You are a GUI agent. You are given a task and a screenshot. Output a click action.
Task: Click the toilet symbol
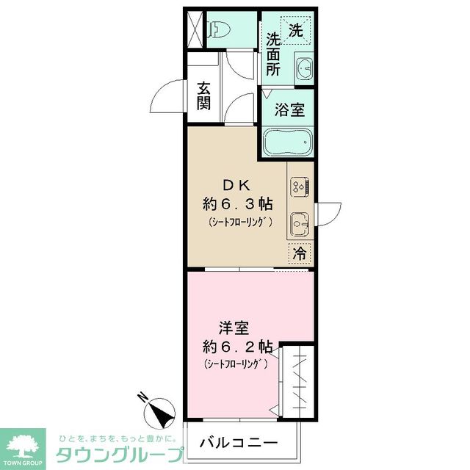220,30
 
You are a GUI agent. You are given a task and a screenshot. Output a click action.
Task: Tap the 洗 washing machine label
294,30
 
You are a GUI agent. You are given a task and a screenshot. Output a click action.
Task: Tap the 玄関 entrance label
203,96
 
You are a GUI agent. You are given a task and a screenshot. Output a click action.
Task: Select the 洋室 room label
231,328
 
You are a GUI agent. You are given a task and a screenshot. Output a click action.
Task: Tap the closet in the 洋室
300,378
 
